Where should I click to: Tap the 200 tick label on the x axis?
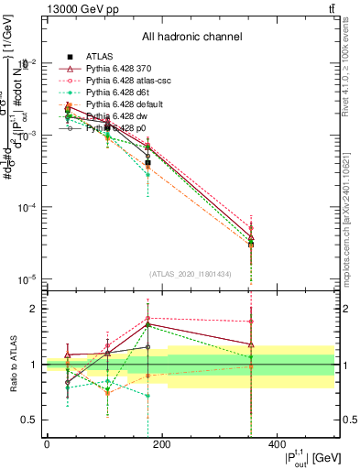(161, 443)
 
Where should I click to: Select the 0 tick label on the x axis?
(47, 443)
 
